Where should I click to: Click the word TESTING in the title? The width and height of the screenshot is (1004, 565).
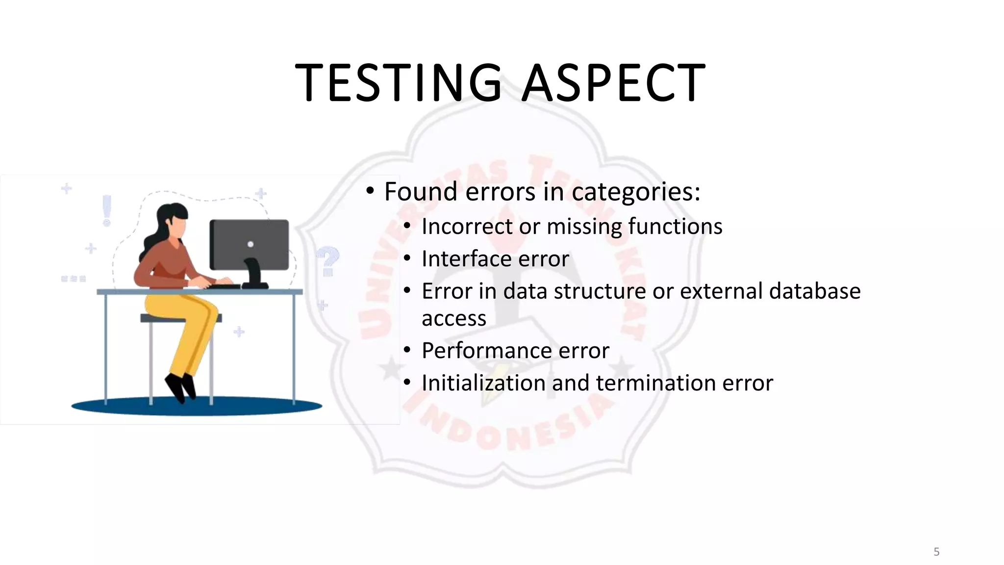point(399,83)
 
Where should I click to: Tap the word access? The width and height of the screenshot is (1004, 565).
point(453,319)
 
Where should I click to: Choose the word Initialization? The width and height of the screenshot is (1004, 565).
point(483,383)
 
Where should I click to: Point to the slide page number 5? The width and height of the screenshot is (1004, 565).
point(936,552)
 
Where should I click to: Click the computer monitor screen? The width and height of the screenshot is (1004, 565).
point(249,244)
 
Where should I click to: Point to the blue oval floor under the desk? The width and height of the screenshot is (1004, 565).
point(196,406)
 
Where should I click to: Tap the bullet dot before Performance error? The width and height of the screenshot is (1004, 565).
point(407,351)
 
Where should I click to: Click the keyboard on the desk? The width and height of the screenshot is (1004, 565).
point(224,286)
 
